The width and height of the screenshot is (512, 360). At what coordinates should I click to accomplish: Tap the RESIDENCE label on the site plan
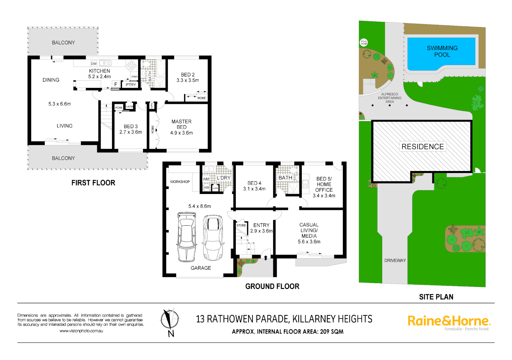[x=422, y=147]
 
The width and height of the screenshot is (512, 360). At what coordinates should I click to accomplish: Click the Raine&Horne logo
[x=449, y=321]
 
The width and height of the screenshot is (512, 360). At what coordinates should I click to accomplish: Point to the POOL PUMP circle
[x=364, y=43]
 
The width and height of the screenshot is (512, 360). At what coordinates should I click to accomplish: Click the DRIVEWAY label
[x=395, y=260]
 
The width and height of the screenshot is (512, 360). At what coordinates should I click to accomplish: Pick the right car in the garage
[x=213, y=237]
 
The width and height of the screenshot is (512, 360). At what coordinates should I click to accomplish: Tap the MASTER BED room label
[x=181, y=124]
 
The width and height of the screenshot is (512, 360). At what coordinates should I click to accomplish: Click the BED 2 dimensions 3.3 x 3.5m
[x=188, y=80]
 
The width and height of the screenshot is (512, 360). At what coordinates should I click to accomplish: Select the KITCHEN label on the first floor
[x=99, y=71]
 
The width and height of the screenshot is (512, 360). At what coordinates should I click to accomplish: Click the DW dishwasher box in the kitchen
[x=94, y=63]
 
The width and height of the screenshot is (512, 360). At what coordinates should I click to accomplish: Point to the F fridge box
[x=116, y=84]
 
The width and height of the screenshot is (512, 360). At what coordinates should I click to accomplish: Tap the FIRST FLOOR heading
[x=93, y=183]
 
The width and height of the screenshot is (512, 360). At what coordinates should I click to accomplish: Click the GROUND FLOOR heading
[x=272, y=286]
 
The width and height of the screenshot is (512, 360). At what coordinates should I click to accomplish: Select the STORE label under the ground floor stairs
[x=241, y=225]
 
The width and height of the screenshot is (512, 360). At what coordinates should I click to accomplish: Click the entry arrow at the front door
[x=266, y=257]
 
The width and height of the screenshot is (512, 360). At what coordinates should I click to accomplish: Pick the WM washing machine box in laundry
[x=206, y=179]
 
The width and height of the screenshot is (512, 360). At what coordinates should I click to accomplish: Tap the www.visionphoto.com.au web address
[x=81, y=331]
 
